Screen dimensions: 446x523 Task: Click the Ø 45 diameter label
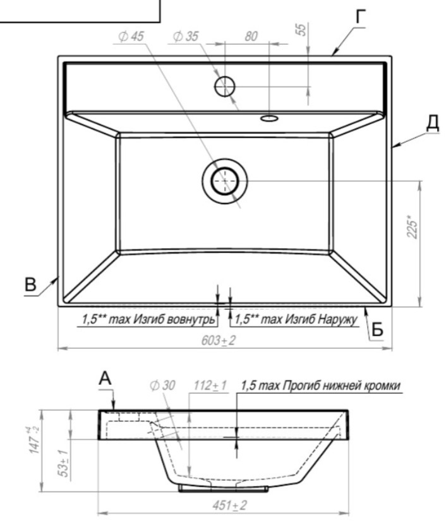pos(131,37)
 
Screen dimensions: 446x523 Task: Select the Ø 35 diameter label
pos(186,37)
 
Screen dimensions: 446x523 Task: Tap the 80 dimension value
pos(251,37)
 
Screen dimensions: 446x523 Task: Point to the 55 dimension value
pos(301,30)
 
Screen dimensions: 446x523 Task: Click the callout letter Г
pos(360,16)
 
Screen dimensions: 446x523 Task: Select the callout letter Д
pos(433,123)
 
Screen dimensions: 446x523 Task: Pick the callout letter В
pos(30,285)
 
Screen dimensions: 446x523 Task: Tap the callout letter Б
pos(377,330)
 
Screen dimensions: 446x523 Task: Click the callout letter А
pos(105,379)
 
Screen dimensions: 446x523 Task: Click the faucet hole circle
pos(225,86)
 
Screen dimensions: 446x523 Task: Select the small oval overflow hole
pos(269,118)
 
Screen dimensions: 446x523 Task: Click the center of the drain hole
pos(225,181)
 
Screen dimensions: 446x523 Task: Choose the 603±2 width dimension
pos(219,341)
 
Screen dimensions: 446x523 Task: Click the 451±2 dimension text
pos(230,505)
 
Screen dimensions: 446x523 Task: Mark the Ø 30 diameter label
pos(162,385)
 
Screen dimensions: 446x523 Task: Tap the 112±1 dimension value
pos(210,385)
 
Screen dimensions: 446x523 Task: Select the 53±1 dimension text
pos(64,463)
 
